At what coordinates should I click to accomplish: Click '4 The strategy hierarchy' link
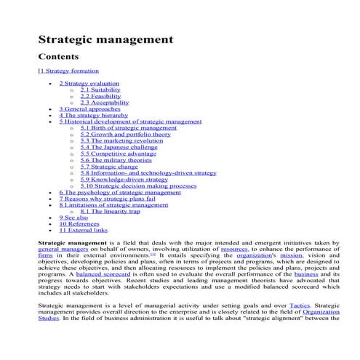coord(93,115)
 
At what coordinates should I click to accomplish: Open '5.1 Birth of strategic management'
coord(128,127)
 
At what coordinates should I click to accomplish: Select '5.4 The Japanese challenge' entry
coord(119,147)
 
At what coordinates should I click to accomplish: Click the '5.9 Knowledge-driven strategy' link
coord(124,180)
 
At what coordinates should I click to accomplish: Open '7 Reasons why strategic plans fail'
coord(107,198)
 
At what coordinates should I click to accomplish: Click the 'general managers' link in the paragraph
coord(63,249)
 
